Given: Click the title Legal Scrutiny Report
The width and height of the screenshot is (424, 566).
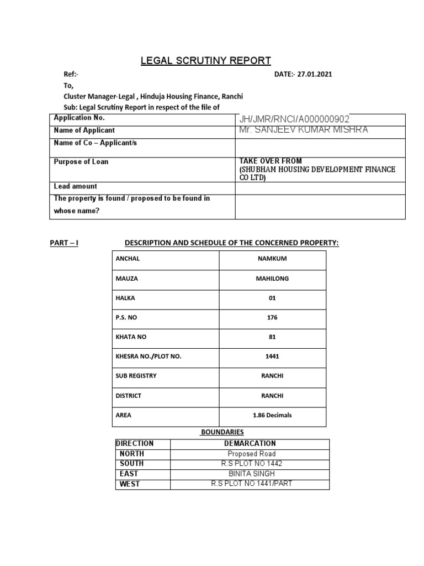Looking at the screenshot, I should click(x=205, y=60).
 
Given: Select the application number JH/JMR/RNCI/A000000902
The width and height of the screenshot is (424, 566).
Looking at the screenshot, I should click(x=294, y=119).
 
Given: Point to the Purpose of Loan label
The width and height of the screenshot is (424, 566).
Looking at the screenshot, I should click(x=81, y=162).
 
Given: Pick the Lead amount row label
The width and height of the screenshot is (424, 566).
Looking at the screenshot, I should click(x=76, y=187).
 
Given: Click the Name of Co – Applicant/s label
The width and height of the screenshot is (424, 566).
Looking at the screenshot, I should click(x=95, y=143).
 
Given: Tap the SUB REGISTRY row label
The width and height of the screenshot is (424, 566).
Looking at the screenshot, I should click(x=136, y=376).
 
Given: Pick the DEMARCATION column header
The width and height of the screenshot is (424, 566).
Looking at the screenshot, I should click(x=250, y=443).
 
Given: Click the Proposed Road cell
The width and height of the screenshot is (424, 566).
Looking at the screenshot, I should click(x=250, y=454).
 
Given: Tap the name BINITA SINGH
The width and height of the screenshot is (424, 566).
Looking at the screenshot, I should click(x=250, y=474).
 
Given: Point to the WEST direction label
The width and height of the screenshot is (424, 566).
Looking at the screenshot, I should click(x=130, y=484).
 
